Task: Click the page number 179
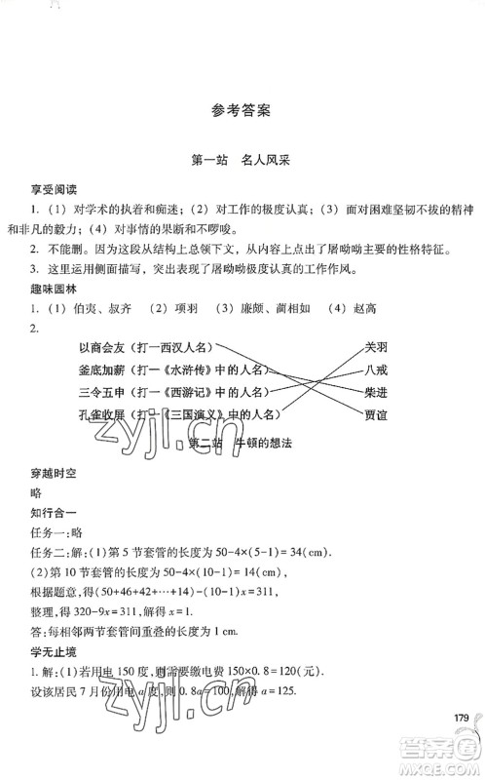coord(461,718)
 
